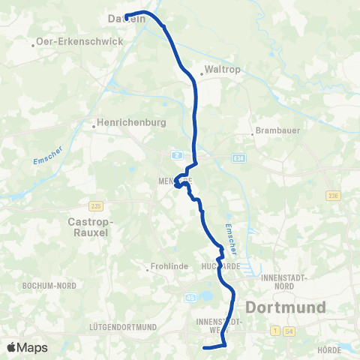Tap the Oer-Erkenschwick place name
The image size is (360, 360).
78,43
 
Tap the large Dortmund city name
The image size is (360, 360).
286,307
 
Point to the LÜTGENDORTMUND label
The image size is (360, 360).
121,327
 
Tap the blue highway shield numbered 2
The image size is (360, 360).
177,154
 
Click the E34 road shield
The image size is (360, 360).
238,158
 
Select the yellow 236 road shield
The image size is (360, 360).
334,196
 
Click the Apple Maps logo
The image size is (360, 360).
28,347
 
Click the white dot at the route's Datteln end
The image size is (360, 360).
127,17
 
